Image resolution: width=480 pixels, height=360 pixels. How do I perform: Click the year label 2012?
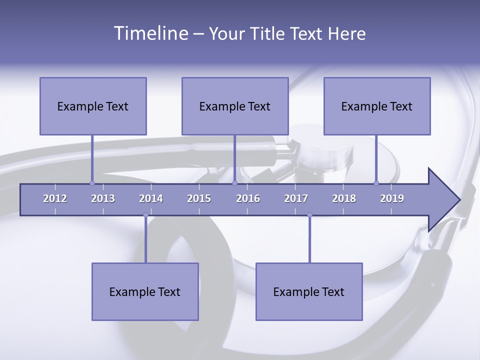[55, 198]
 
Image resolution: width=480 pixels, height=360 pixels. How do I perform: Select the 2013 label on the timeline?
[103, 198]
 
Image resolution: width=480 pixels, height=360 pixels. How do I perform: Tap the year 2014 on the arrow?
[151, 198]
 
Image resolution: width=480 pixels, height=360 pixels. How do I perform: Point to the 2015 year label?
[199, 198]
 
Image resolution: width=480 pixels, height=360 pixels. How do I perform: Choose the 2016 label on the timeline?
[248, 198]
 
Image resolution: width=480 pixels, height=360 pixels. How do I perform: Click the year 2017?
[296, 198]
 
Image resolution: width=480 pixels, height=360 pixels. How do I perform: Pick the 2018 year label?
[344, 198]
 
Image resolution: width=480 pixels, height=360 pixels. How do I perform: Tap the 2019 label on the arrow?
[392, 198]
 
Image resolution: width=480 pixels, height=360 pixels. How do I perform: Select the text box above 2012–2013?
[93, 106]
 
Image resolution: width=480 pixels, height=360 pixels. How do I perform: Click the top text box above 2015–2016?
[235, 106]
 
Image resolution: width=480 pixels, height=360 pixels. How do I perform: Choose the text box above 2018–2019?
[377, 106]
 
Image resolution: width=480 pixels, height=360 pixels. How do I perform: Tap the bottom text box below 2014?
[145, 291]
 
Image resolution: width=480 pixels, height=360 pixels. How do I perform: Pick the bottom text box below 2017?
[309, 291]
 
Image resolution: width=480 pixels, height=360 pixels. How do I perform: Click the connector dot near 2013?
[92, 183]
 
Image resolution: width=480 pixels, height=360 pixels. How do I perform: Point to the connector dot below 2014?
[145, 215]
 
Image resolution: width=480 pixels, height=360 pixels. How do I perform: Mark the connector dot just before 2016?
[234, 183]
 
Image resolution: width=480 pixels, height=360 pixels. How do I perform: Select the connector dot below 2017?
[309, 215]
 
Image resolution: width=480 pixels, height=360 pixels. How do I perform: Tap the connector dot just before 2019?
[376, 183]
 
